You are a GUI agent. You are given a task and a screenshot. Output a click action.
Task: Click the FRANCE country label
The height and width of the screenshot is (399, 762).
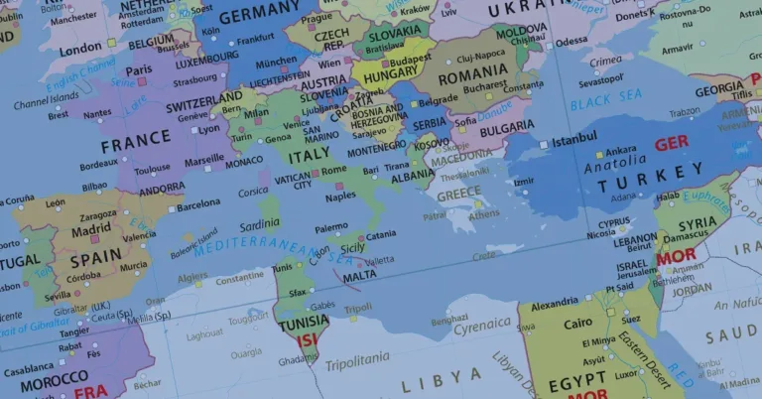tap(136, 145)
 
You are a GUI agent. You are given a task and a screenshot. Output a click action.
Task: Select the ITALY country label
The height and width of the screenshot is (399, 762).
tap(309, 157)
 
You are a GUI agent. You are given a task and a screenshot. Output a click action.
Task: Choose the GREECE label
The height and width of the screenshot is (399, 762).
tap(459, 195)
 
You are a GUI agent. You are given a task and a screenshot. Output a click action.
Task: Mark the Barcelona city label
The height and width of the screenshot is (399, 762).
tap(198, 202)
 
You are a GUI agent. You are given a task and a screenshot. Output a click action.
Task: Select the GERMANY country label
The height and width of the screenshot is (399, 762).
tap(258, 17)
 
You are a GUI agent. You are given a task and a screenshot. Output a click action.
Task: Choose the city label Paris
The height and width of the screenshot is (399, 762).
tap(138, 69)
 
